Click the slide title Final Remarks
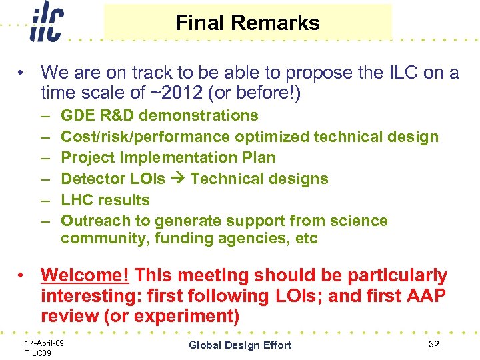pos(247,23)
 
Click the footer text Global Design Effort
pos(240,345)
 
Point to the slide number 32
pos(434,344)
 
